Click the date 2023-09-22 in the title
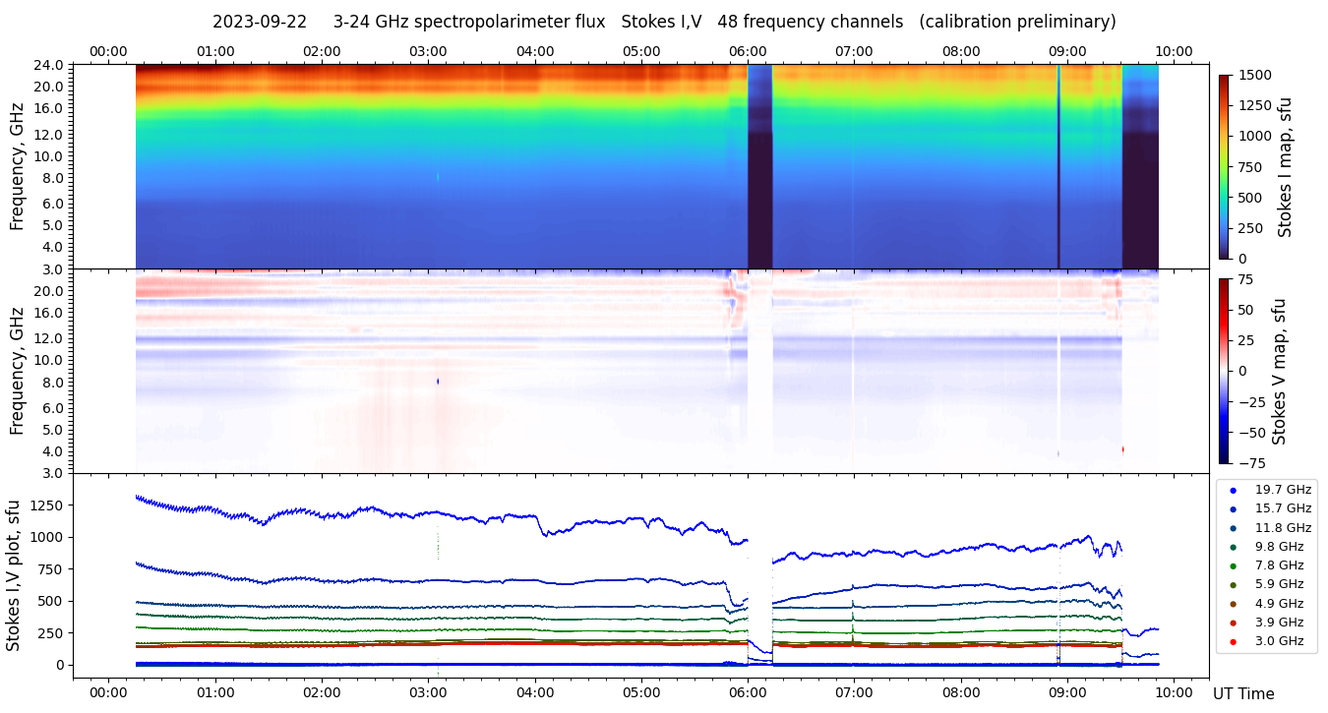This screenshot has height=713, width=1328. point(259,22)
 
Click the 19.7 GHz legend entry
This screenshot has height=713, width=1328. point(1283,490)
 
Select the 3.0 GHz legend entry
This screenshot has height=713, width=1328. point(1279,641)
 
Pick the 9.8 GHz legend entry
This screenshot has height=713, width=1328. point(1279,547)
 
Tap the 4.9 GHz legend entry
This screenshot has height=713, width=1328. point(1279,604)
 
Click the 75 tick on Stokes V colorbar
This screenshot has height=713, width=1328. point(1246,279)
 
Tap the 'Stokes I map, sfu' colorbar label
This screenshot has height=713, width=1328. point(1285,167)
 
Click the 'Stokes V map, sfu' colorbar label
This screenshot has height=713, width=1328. point(1281,371)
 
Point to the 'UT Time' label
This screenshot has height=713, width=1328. point(1242,694)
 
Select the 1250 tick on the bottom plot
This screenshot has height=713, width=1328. point(46,505)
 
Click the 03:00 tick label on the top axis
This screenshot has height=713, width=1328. point(428,51)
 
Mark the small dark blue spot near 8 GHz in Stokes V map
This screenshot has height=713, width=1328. point(438,381)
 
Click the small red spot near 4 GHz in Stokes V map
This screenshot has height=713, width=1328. point(1122,449)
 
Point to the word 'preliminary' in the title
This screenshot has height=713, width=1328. point(1067,22)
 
